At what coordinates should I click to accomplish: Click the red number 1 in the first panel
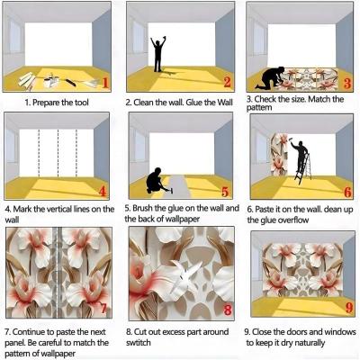[x=104, y=83]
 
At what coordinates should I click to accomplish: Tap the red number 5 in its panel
[x=225, y=192]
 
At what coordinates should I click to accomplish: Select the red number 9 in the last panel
[x=349, y=308]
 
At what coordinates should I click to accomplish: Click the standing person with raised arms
[x=157, y=54]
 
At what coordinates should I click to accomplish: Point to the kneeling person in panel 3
[x=270, y=77]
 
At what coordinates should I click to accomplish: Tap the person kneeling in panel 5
[x=155, y=181]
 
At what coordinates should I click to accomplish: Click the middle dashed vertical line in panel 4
[x=58, y=153]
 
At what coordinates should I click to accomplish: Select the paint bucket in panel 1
[x=49, y=81]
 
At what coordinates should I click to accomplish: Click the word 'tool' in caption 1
[x=81, y=103]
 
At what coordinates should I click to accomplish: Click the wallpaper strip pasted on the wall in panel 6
[x=280, y=155]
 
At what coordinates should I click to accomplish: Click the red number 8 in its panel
[x=228, y=310]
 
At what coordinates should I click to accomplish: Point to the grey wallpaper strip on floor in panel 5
[x=179, y=186]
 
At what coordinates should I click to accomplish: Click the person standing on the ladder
[x=300, y=156]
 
